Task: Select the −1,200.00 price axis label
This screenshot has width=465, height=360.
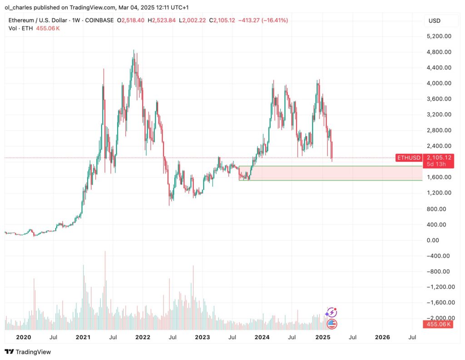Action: pyautogui.click(x=437, y=287)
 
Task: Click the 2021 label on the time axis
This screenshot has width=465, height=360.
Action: pyautogui.click(x=83, y=337)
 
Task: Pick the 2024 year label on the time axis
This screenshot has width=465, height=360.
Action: pyautogui.click(x=262, y=337)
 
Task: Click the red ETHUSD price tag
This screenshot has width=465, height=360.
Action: pyautogui.click(x=409, y=157)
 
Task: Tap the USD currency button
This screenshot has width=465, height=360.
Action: pyautogui.click(x=435, y=20)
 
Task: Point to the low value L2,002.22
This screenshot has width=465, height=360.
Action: pyautogui.click(x=193, y=20)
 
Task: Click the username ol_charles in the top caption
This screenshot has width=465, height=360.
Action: pyautogui.click(x=20, y=7)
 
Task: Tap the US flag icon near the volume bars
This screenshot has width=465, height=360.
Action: pyautogui.click(x=332, y=324)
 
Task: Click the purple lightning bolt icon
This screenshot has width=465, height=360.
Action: pyautogui.click(x=332, y=313)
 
